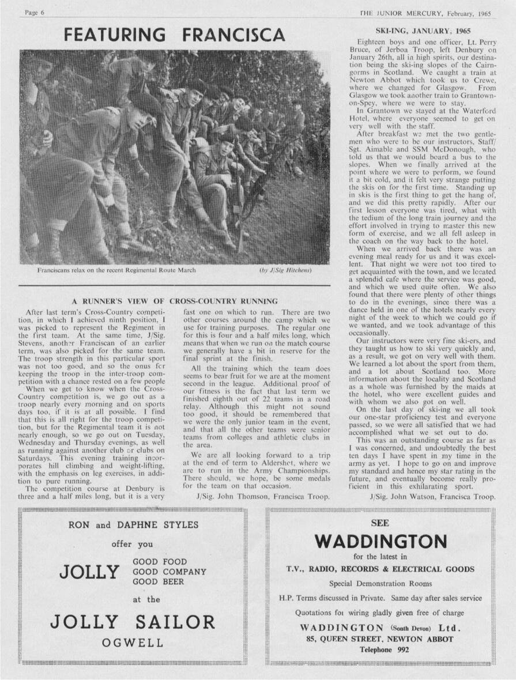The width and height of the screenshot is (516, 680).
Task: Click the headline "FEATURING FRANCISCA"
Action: [174, 35]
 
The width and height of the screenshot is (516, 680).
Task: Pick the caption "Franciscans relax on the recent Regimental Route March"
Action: [117, 270]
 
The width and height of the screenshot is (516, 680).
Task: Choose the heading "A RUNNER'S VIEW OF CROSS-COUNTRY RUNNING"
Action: [175, 301]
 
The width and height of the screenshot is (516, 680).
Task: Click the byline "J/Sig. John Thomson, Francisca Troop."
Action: [263, 496]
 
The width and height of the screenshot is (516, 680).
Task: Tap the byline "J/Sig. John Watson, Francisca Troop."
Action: [432, 496]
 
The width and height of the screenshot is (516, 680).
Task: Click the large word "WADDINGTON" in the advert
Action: [381, 542]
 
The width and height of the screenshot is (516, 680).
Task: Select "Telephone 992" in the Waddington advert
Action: [380, 650]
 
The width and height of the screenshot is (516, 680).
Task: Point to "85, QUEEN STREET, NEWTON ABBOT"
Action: [380, 639]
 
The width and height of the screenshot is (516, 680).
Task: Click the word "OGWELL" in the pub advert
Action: [133, 643]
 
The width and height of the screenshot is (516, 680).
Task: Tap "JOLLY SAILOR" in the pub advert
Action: [133, 622]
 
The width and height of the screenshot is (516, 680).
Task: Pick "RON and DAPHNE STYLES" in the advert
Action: [133, 525]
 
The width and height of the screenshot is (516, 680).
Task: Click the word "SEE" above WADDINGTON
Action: [381, 523]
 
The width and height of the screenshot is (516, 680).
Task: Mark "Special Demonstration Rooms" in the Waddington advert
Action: [380, 583]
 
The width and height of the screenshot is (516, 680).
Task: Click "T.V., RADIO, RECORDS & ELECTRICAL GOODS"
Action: [381, 569]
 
